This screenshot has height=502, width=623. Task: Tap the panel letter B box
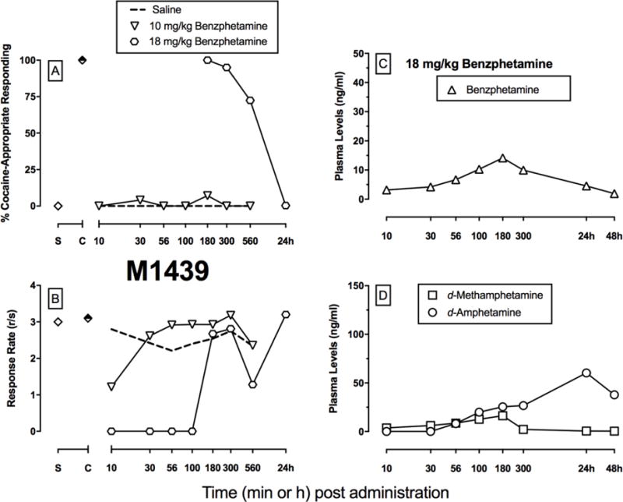(56, 296)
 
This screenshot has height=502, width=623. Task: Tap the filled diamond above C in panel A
(83, 60)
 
